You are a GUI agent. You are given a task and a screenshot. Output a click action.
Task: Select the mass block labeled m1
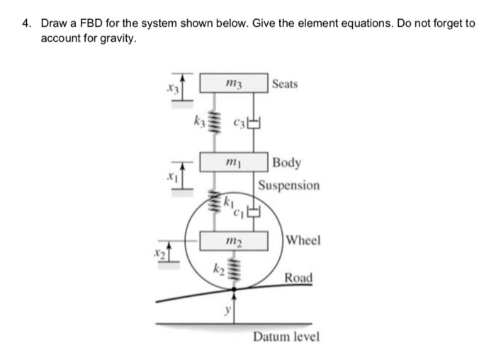pos(233,162)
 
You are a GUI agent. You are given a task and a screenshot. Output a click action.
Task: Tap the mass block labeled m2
pos(233,240)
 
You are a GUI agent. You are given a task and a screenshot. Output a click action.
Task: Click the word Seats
pos(285,84)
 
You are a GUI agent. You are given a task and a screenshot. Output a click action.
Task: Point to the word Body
pos(287,162)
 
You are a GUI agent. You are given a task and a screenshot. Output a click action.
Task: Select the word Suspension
pos(288,185)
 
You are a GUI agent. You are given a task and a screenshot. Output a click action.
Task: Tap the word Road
pos(298,277)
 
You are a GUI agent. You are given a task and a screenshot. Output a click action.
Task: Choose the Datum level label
pos(286,335)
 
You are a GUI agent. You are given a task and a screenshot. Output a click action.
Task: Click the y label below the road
pos(227,310)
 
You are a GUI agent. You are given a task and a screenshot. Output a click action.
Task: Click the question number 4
pos(26,23)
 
